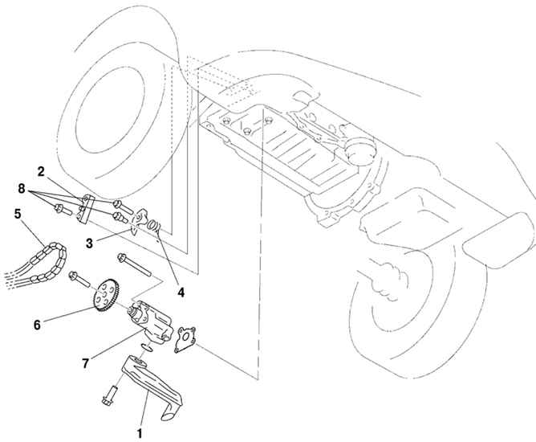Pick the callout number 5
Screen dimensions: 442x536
click(17, 214)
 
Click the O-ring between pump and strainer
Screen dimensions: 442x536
click(144, 347)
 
